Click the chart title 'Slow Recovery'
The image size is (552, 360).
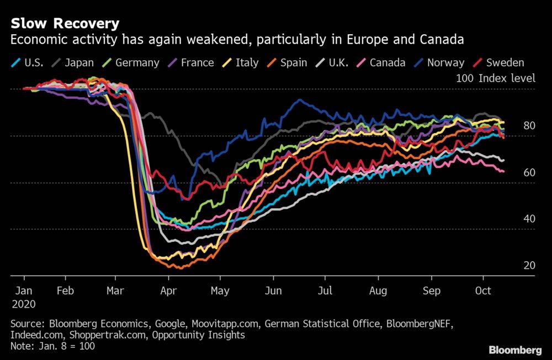point(65,23)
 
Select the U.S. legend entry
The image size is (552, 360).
point(27,63)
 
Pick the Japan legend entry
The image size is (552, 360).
point(73,63)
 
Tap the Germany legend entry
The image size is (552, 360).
point(131,63)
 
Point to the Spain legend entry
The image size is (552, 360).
point(287,63)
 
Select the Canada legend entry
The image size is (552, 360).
point(381,63)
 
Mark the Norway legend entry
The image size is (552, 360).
point(439,63)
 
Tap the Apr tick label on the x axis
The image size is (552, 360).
point(168,291)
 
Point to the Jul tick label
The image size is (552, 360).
point(325,290)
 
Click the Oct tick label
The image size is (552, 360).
point(483,290)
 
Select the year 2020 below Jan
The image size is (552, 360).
point(24,304)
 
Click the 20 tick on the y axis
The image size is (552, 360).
point(529,265)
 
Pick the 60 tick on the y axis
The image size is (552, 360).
point(529,173)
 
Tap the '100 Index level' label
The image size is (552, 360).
point(496,78)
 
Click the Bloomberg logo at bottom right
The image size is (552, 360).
point(515,350)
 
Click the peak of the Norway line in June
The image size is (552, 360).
point(299,100)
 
